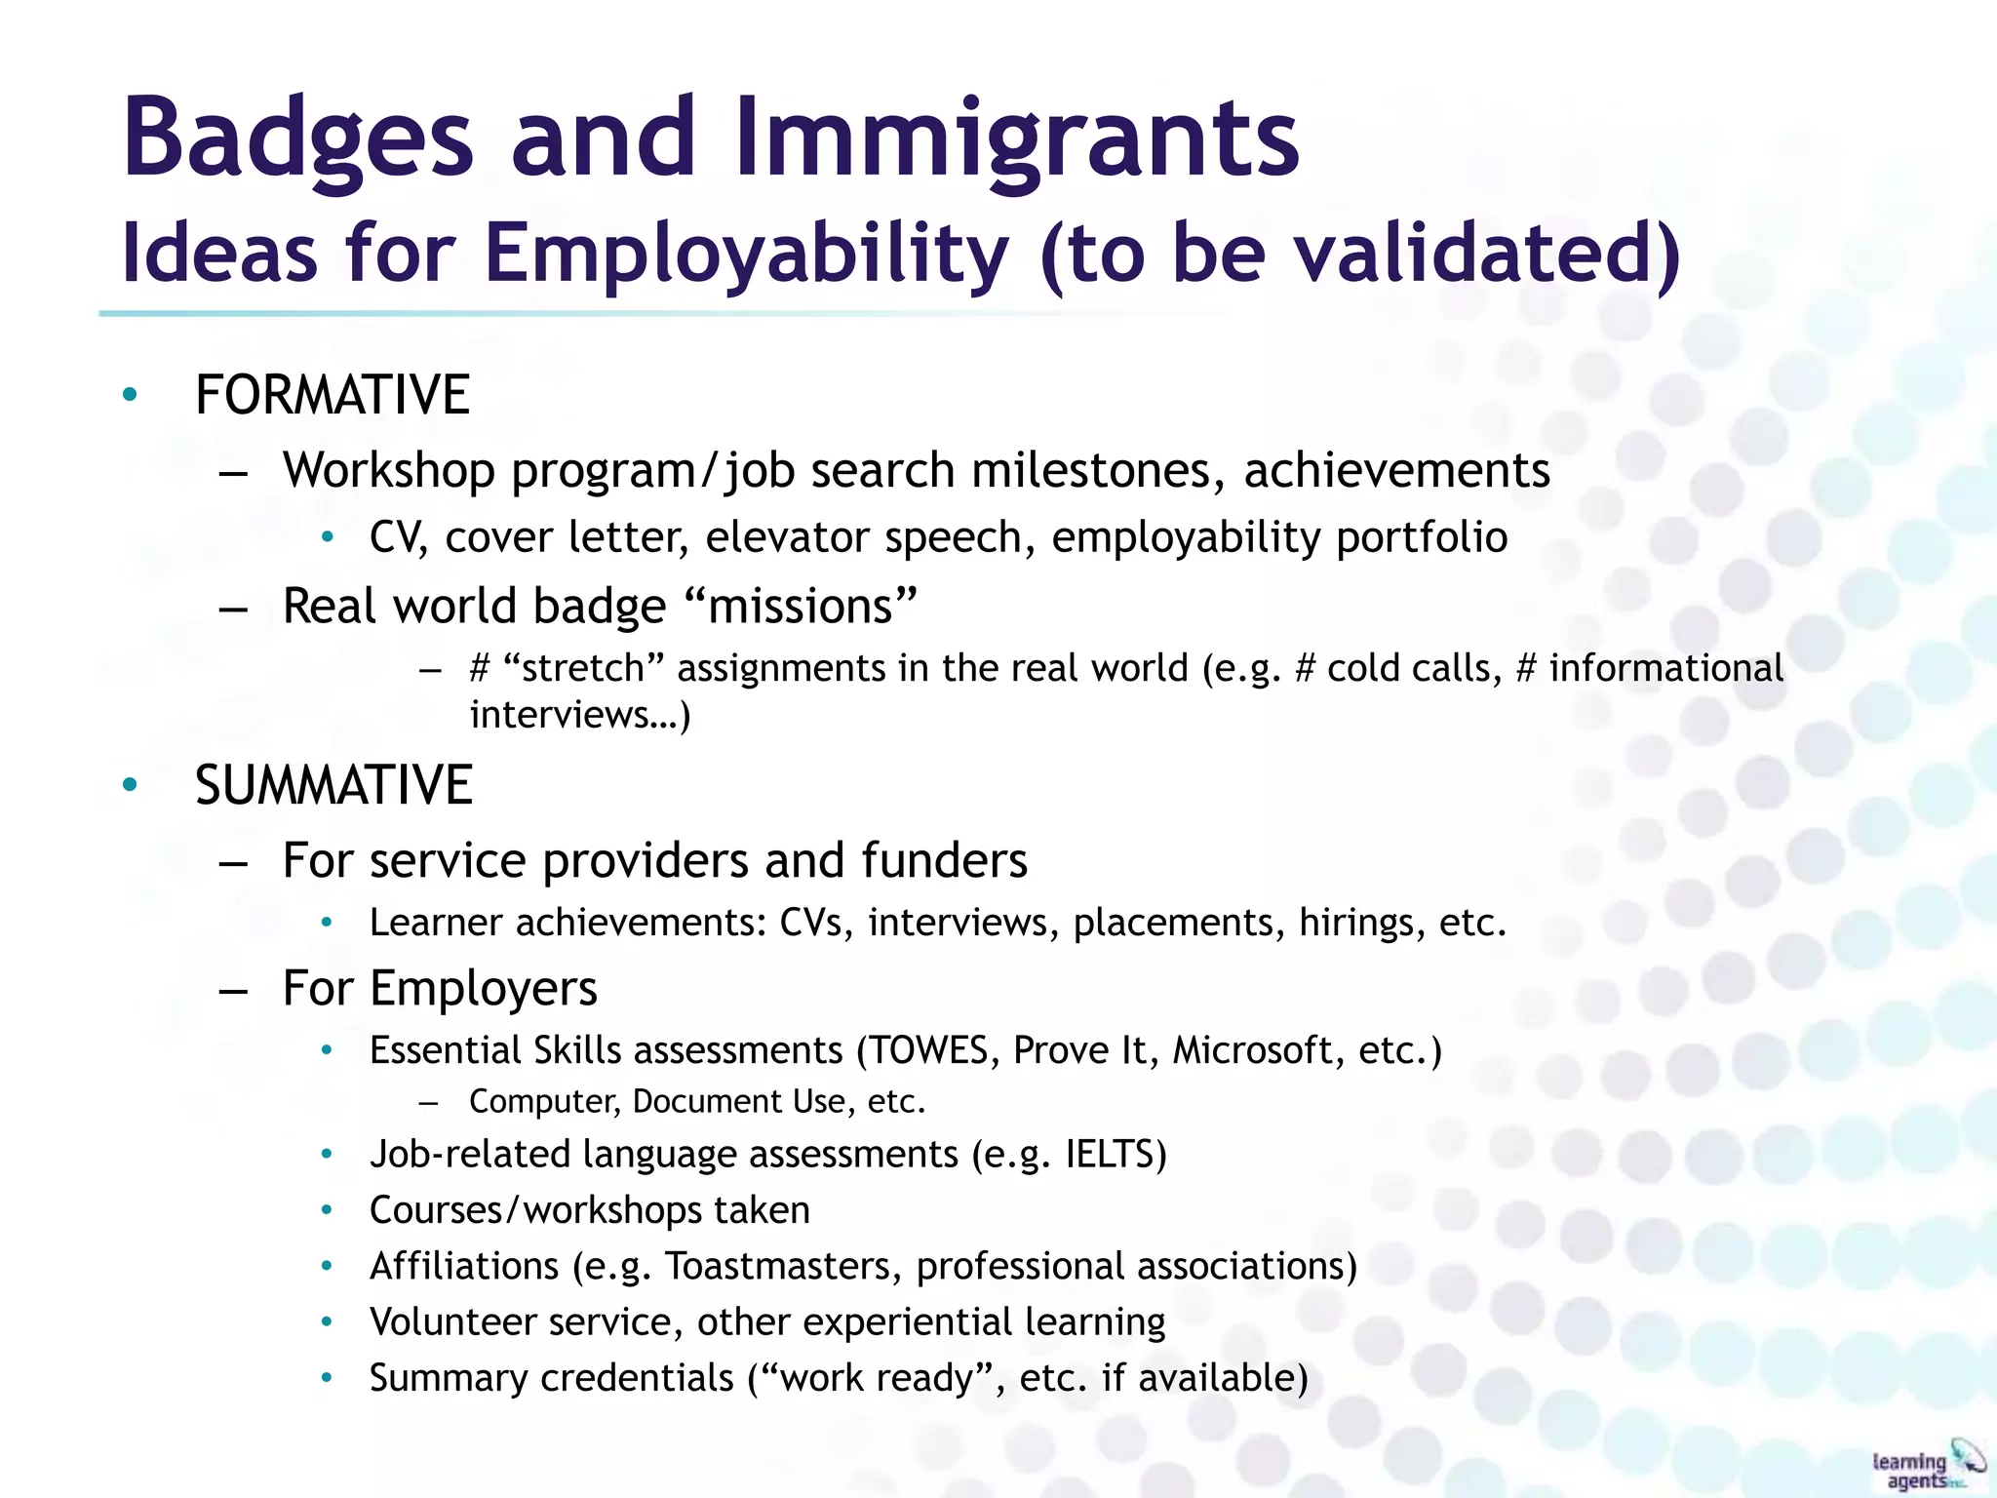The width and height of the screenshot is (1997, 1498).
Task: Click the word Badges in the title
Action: (x=297, y=138)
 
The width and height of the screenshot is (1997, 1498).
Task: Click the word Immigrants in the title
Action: (x=1017, y=138)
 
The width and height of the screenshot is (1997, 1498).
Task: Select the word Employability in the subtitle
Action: (x=746, y=254)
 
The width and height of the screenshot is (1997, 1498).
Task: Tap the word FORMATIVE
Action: (x=333, y=395)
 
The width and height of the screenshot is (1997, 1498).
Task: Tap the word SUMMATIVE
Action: (x=333, y=785)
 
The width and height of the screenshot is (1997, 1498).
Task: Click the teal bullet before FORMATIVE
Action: (x=130, y=395)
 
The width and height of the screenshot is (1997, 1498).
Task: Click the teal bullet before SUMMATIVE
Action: (x=130, y=785)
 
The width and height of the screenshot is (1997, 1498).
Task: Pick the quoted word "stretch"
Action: (x=584, y=668)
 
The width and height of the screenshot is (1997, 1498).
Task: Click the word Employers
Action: (x=484, y=988)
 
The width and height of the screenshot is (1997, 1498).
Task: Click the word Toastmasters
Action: (x=783, y=1266)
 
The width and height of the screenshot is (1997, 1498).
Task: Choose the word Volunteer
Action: (x=451, y=1321)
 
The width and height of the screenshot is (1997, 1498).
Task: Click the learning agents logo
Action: (x=1926, y=1467)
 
